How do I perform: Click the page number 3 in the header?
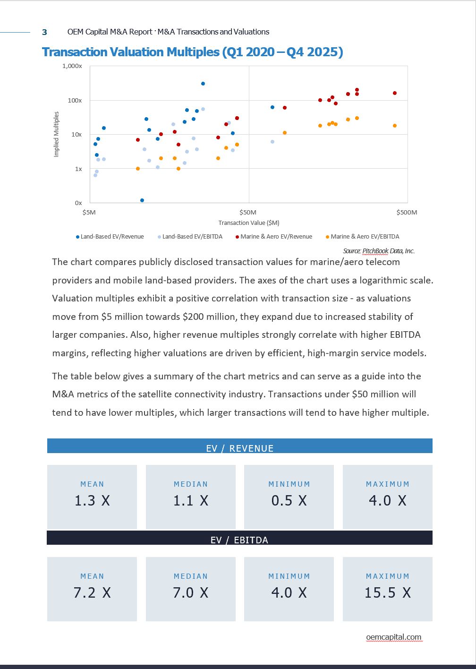tap(44, 32)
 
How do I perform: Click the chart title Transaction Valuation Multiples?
tap(192, 52)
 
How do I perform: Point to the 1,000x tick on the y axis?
tap(72, 66)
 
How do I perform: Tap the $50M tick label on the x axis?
tap(248, 212)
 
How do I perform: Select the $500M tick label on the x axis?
tap(407, 212)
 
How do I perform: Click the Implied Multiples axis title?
tap(57, 134)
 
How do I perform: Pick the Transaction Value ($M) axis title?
tap(248, 223)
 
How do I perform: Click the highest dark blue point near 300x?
tap(203, 84)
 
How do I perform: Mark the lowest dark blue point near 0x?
tap(142, 200)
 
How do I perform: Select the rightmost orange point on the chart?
tap(395, 126)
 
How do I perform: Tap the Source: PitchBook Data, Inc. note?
tap(379, 251)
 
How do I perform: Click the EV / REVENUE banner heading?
tap(240, 448)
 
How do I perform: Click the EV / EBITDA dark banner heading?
tap(239, 540)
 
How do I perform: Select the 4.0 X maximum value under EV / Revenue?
tap(387, 500)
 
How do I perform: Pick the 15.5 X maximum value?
tap(387, 592)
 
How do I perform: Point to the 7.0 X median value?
tap(190, 592)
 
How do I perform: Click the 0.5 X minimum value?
tap(289, 500)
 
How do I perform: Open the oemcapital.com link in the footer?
tap(393, 637)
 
